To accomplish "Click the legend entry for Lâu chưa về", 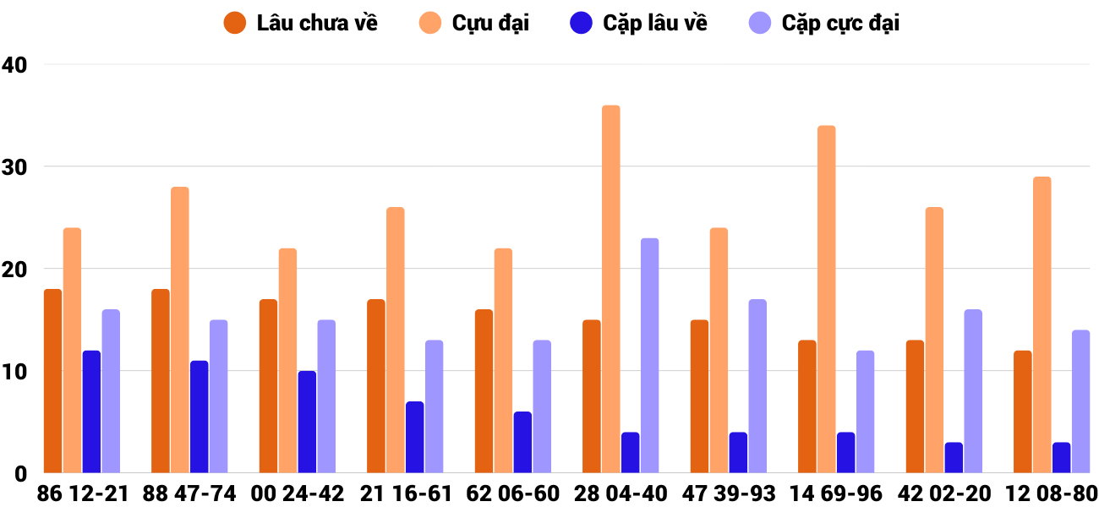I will (x=300, y=23).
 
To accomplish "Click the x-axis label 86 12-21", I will (x=82, y=493).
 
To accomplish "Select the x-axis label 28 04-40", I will (x=621, y=493).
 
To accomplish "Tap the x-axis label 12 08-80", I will (x=1051, y=493).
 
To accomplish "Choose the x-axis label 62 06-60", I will (x=513, y=493).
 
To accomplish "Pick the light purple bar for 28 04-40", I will (x=649, y=356).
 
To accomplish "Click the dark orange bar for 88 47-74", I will (x=160, y=381).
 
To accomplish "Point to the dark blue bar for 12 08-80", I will (x=1061, y=457).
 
